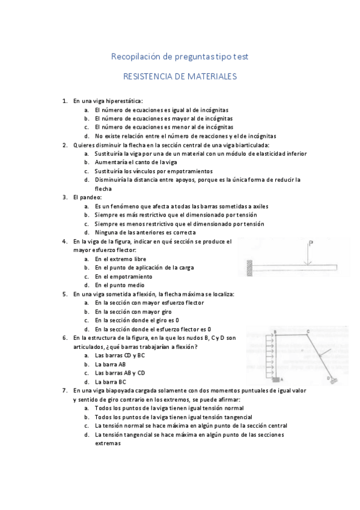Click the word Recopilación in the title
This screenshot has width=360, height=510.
click(134, 56)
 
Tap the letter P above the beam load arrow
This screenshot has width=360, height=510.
click(311, 244)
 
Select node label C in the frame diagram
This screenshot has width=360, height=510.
click(308, 331)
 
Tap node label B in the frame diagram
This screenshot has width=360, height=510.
click(274, 332)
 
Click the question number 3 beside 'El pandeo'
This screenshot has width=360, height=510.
click(64, 197)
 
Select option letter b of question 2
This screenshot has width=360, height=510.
click(87, 162)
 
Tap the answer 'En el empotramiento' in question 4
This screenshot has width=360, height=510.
click(124, 276)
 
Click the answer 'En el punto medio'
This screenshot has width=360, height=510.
click(119, 285)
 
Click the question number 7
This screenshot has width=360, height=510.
click(64, 390)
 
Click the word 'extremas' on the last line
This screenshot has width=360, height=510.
click(108, 443)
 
